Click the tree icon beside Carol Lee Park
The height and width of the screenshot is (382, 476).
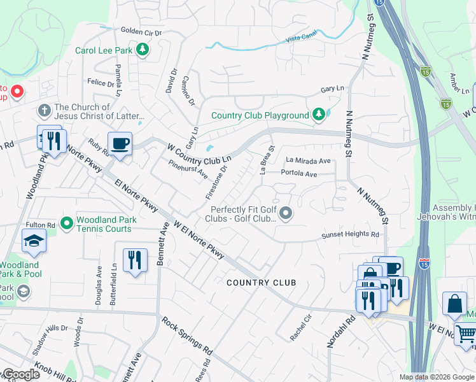pos(144,50)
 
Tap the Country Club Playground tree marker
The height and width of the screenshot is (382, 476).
pos(318,115)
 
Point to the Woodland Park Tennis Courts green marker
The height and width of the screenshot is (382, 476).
pos(66,223)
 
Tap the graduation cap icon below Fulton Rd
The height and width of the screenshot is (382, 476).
pos(33,241)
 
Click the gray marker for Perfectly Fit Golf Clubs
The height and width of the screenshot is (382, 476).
pos(286,214)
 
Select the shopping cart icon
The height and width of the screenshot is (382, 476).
pos(466,332)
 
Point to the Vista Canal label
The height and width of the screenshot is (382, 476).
pos(301,39)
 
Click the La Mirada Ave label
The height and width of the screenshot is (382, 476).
pos(308,161)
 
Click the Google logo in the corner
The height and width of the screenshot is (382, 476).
pos(20,374)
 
